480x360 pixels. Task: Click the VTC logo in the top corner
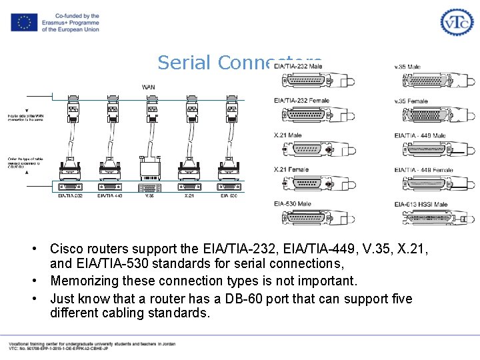coord(456,21)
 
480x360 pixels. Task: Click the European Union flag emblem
coord(24,22)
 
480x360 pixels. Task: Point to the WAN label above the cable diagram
coord(149,87)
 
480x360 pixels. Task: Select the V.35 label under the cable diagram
coord(150,195)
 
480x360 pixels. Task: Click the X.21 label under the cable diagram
coord(190,195)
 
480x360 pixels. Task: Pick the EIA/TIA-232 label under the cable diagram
coord(70,195)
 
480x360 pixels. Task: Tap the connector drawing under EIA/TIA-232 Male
coord(298,81)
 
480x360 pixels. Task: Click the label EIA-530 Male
coord(292,203)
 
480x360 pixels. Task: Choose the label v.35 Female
coord(411,101)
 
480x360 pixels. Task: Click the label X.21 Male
coord(287,135)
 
